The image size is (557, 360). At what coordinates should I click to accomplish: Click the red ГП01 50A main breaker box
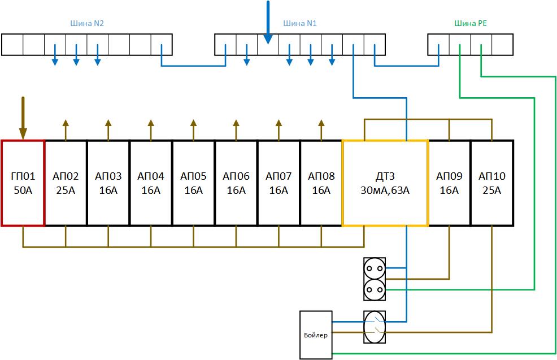pos(23,183)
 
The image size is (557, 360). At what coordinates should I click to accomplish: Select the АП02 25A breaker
pos(66,183)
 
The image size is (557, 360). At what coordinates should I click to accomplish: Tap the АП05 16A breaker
pos(193,183)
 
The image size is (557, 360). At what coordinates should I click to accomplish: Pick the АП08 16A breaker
pos(321,183)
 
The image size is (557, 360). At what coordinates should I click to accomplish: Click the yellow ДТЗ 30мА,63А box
pos(385,183)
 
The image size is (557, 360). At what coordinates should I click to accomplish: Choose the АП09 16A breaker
pos(449,183)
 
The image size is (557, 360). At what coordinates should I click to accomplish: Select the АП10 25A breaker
pos(491,183)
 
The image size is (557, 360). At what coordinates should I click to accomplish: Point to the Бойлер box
pos(316,335)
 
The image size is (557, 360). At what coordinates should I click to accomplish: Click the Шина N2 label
pos(86,24)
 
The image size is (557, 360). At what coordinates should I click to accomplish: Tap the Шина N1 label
pos(300,24)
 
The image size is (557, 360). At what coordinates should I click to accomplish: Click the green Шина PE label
pos(470,24)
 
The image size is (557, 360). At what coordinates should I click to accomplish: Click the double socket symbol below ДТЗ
pos(373,279)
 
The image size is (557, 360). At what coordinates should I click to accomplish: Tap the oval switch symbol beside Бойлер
pos(373,327)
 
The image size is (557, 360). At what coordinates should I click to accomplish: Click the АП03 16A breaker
pos(108,183)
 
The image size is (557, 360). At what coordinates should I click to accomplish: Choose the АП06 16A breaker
pos(236,183)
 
